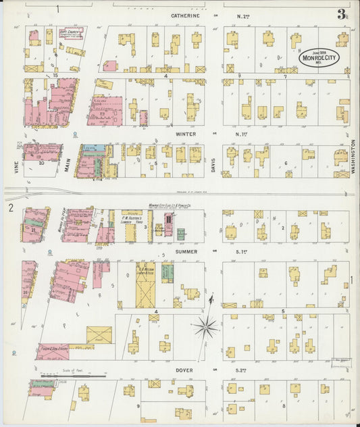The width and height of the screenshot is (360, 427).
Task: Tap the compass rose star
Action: (x=205, y=328)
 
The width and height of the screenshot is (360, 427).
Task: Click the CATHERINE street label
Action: (x=184, y=15)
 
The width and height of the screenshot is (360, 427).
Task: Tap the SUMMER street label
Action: (x=185, y=252)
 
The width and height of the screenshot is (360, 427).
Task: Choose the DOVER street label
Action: (x=184, y=370)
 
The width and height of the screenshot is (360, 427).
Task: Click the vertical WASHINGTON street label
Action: (x=353, y=157)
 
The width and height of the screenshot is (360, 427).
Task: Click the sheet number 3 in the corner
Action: (x=342, y=14)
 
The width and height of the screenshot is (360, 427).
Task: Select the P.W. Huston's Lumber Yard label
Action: (x=132, y=220)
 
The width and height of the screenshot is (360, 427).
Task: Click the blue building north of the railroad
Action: (x=95, y=147)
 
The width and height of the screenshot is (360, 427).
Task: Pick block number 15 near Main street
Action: (x=56, y=76)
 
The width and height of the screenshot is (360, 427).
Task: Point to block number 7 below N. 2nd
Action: (x=285, y=76)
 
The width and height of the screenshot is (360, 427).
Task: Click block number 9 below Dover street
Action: (x=138, y=405)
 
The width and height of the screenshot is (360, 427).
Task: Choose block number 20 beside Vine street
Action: (x=41, y=163)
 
